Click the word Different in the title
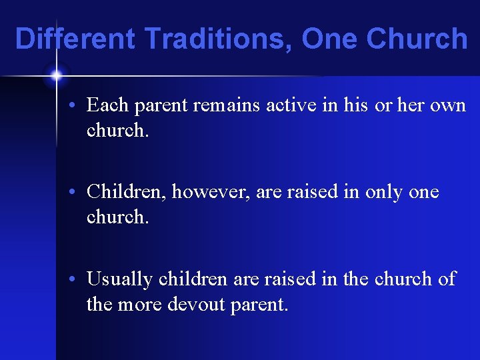(x=75, y=39)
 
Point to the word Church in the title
(x=417, y=39)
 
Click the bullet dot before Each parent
(x=78, y=106)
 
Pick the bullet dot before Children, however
(x=78, y=193)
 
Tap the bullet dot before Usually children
(x=78, y=279)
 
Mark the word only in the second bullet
(x=381, y=192)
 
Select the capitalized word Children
(x=127, y=192)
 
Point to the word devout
(x=197, y=305)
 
